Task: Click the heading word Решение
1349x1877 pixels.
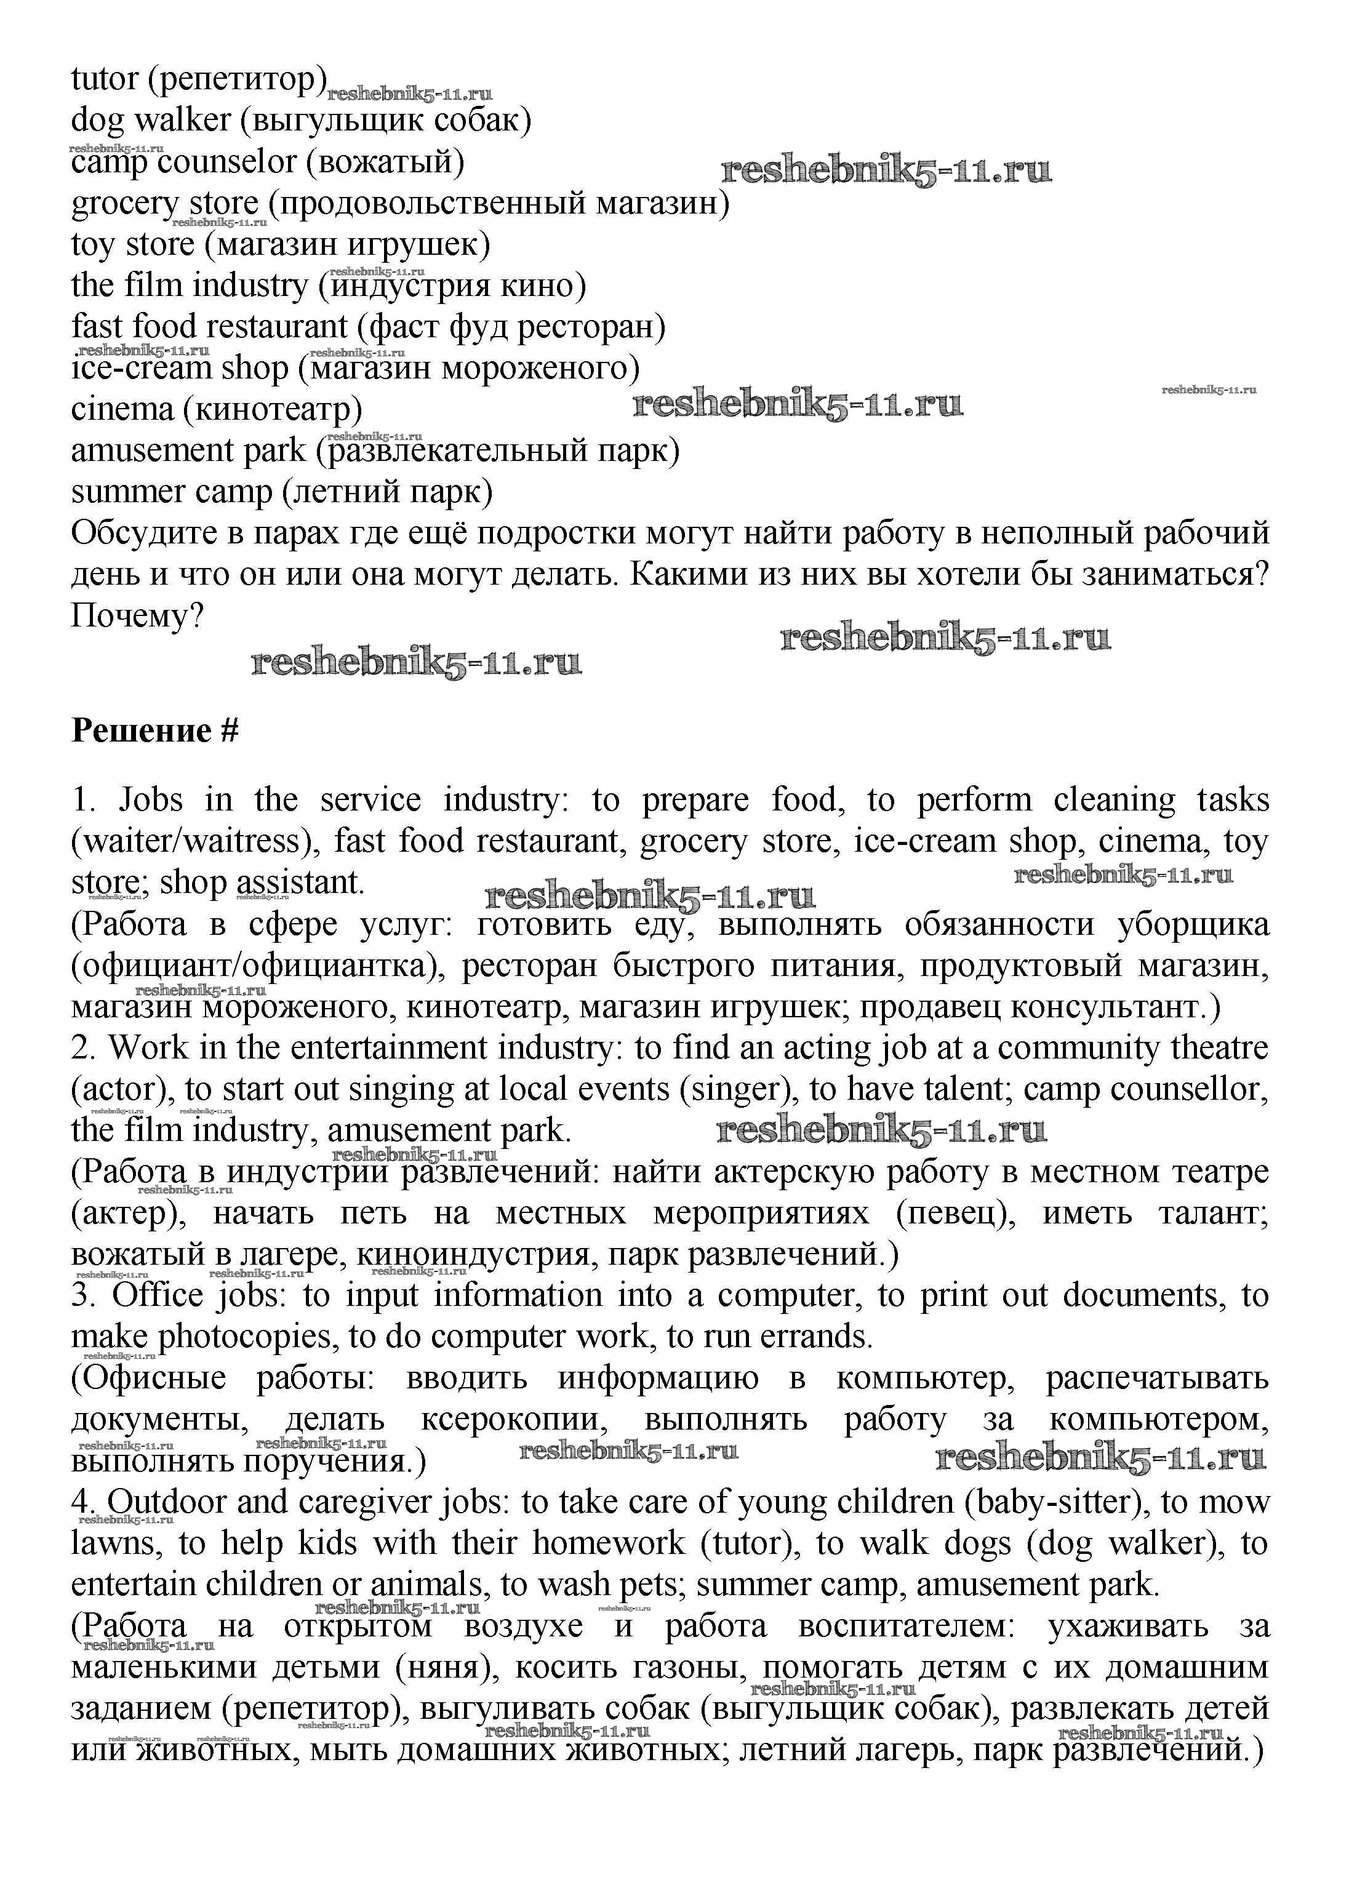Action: pos(142,730)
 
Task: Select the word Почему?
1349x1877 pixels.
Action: pos(137,616)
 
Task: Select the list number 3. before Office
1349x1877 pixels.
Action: pos(84,1295)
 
